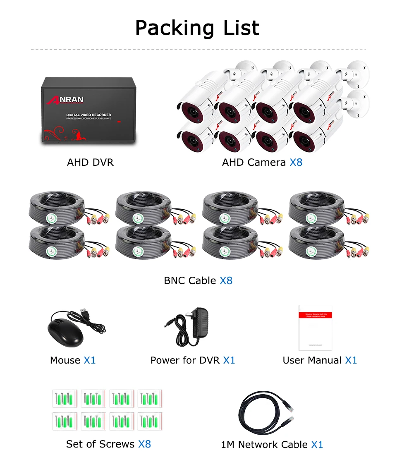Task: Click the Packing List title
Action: pos(198,28)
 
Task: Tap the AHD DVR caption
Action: pos(90,163)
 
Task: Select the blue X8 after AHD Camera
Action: pos(296,163)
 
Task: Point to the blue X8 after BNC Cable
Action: pos(226,281)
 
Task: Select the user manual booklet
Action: pos(316,328)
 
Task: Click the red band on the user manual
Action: pos(316,315)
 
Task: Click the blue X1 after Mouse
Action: pos(90,361)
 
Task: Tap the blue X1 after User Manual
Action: pos(351,361)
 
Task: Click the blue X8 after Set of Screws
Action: pos(144,444)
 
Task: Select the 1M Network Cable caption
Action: pos(264,445)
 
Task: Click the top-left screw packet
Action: pos(65,399)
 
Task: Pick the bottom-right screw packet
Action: pos(150,421)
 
